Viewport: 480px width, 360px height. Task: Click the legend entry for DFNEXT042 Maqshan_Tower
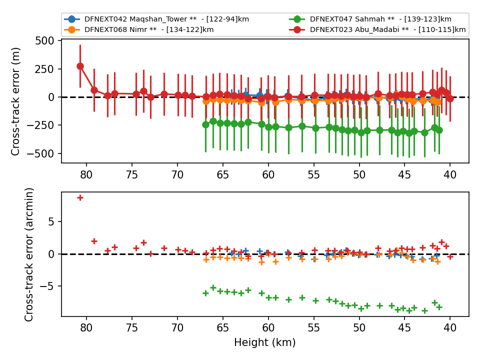(x=156, y=19)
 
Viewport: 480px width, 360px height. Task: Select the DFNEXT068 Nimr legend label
(x=139, y=29)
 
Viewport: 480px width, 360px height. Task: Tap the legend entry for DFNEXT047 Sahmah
(x=370, y=19)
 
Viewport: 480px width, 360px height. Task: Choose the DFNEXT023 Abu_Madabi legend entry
(x=377, y=29)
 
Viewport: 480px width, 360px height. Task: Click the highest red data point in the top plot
(x=80, y=66)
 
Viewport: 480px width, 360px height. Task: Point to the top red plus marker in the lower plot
(x=80, y=198)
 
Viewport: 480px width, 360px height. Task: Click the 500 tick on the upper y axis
(x=44, y=40)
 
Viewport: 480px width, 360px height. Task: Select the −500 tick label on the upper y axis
(x=40, y=153)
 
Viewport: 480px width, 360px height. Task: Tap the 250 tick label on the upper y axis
(x=44, y=69)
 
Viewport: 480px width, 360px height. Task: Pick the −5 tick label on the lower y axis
(x=47, y=286)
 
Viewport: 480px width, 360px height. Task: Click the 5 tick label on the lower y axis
(x=51, y=221)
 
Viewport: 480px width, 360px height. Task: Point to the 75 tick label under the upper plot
(x=132, y=175)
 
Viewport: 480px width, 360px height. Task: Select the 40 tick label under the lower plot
(x=449, y=328)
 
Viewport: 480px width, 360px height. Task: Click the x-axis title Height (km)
(x=265, y=342)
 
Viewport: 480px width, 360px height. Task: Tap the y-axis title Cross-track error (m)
(x=15, y=101)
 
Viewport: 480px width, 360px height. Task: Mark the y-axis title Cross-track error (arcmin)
(x=28, y=254)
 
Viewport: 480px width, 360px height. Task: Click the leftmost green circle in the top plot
(x=205, y=124)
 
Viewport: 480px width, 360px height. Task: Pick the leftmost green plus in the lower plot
(x=205, y=293)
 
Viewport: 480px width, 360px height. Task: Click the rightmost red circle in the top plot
(x=449, y=98)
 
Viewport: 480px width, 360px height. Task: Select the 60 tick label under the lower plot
(x=268, y=328)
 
